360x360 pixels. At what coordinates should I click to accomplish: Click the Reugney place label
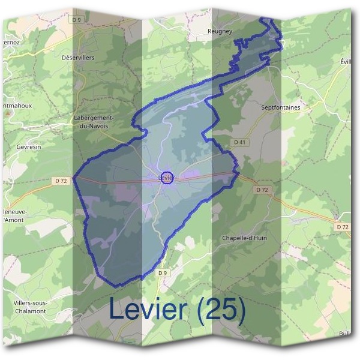click(x=219, y=31)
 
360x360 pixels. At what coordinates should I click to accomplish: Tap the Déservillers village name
click(x=78, y=58)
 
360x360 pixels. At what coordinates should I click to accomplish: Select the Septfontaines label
click(x=280, y=107)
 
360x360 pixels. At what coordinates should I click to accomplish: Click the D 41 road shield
click(x=239, y=142)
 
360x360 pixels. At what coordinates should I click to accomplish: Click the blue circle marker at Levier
click(x=168, y=178)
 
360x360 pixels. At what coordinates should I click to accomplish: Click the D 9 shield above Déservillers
click(x=76, y=20)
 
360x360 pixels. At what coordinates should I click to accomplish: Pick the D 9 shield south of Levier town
click(x=162, y=273)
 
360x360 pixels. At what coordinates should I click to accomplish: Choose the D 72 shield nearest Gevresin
click(x=61, y=180)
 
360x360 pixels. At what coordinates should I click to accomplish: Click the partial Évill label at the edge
click(x=344, y=62)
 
